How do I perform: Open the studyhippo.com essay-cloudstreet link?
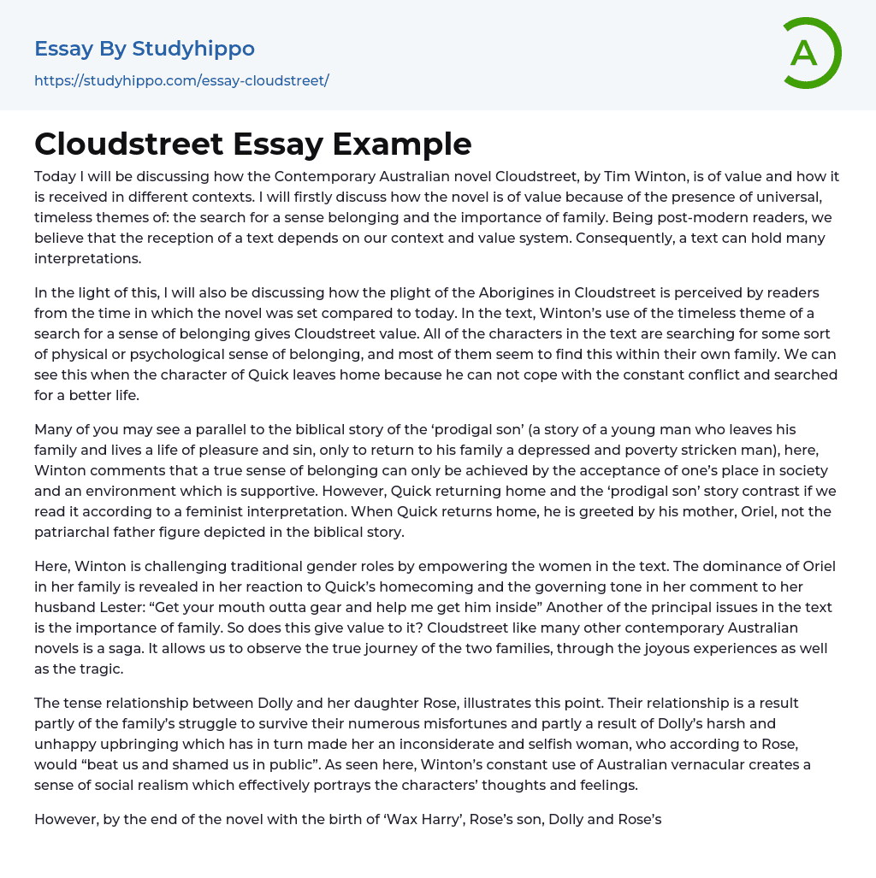[181, 80]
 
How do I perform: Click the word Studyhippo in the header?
[194, 49]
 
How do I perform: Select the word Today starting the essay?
[56, 177]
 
